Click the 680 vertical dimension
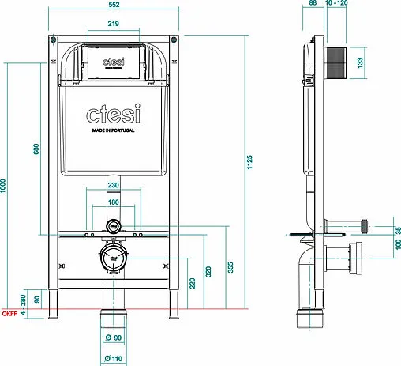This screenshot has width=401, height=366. (36, 149)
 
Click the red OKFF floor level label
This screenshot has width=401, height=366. (9, 313)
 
